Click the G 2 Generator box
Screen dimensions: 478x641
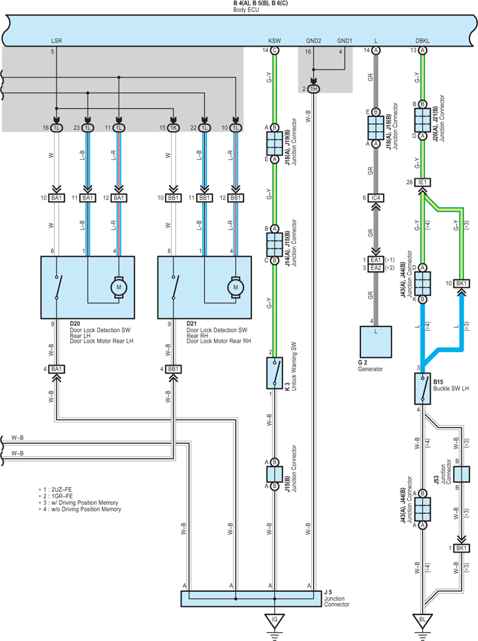[x=376, y=342]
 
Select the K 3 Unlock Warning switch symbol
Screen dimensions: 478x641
[x=274, y=373]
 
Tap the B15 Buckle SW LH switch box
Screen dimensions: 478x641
[x=422, y=389]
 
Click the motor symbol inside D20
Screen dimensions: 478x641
[x=119, y=287]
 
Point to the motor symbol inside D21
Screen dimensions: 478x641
[x=236, y=287]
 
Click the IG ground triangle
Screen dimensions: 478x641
[x=274, y=621]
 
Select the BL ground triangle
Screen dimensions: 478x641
[x=422, y=621]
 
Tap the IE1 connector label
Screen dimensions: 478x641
[x=422, y=182]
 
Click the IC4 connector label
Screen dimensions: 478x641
[x=376, y=198]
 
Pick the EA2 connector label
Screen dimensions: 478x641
[x=376, y=268]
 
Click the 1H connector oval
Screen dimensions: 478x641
[x=313, y=89]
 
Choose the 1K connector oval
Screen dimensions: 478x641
[x=173, y=128]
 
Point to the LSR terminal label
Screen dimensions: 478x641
[x=56, y=41]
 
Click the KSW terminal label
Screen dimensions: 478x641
[x=274, y=41]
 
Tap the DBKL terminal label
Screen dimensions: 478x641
[x=422, y=41]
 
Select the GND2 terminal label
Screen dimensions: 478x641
[x=314, y=41]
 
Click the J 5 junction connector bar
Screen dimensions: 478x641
[x=251, y=599]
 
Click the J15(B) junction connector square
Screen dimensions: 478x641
[x=274, y=474]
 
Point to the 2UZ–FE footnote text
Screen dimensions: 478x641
[x=62, y=489]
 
